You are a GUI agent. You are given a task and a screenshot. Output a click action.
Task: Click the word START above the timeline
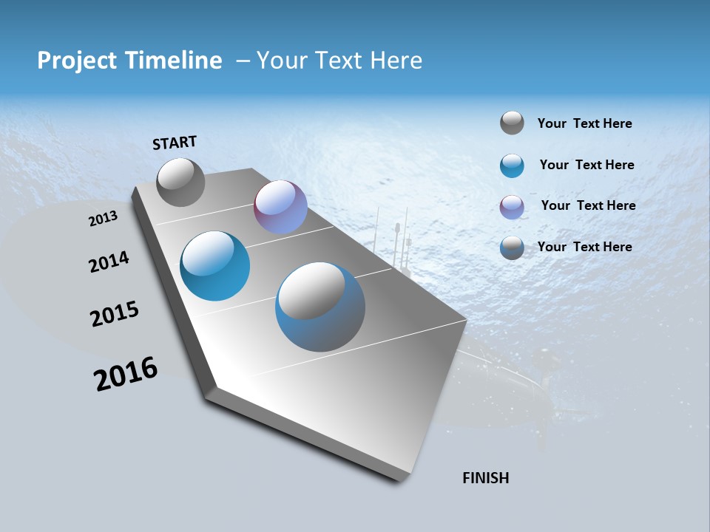pyautogui.click(x=175, y=143)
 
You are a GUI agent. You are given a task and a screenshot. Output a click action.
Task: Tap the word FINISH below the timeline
pyautogui.click(x=486, y=478)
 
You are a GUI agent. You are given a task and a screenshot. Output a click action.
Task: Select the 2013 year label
pyautogui.click(x=103, y=219)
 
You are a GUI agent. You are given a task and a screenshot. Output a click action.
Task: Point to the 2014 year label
pyautogui.click(x=109, y=262)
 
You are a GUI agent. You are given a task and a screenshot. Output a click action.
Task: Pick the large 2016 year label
pyautogui.click(x=126, y=374)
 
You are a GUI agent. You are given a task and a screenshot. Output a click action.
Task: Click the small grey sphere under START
pyautogui.click(x=180, y=182)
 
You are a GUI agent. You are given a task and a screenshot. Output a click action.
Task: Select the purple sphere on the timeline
pyautogui.click(x=280, y=207)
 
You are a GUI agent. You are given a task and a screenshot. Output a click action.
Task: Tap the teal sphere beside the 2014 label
pyautogui.click(x=214, y=266)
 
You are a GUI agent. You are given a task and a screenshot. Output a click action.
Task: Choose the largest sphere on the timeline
pyautogui.click(x=320, y=307)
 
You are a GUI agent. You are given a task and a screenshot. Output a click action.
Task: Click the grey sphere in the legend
pyautogui.click(x=512, y=123)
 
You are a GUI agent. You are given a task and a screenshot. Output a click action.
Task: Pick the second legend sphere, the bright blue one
pyautogui.click(x=512, y=166)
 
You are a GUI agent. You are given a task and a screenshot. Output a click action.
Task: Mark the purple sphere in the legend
pyautogui.click(x=512, y=207)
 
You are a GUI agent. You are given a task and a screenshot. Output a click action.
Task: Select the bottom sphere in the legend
pyautogui.click(x=512, y=248)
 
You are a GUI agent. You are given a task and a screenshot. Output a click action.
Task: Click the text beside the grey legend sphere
pyautogui.click(x=584, y=123)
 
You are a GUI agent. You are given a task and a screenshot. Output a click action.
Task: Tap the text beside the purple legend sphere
pyautogui.click(x=588, y=205)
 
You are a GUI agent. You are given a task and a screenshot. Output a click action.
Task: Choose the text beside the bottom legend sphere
pyautogui.click(x=584, y=247)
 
